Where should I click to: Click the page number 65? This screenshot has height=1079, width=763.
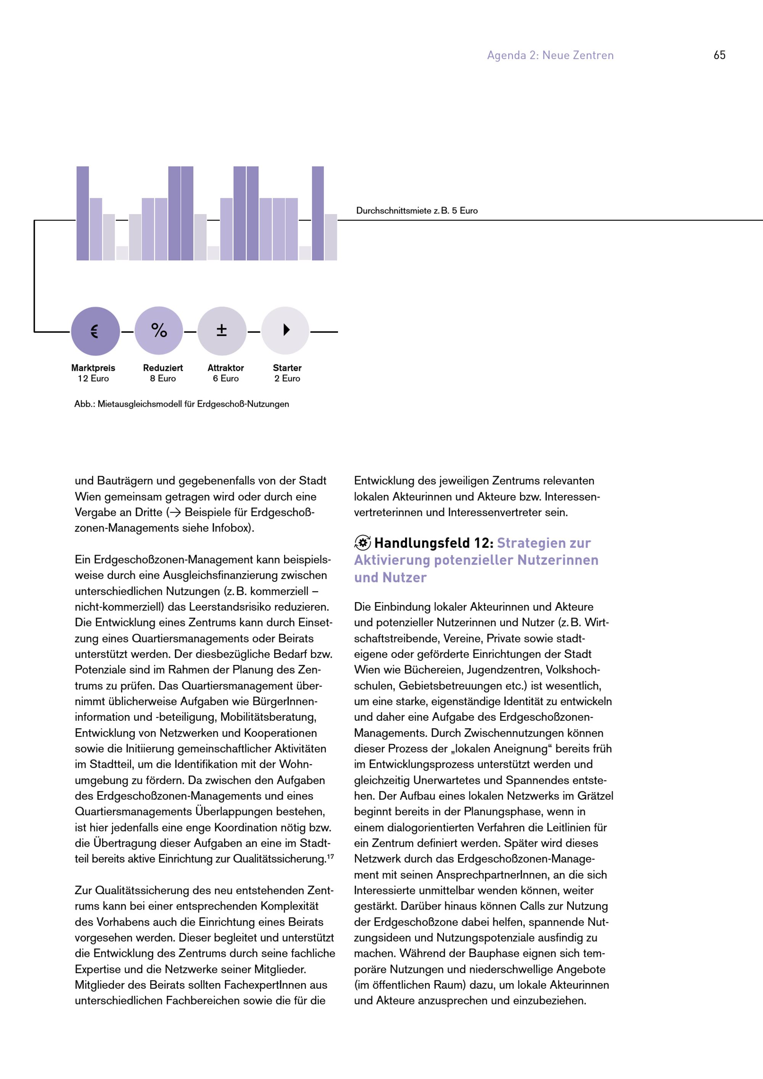[x=719, y=55]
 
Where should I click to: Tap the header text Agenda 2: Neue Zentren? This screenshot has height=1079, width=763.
[x=550, y=55]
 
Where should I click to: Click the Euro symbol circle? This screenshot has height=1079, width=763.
[x=95, y=331]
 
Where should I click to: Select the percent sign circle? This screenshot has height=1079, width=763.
[x=159, y=331]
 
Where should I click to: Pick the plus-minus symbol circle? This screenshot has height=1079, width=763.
[x=222, y=331]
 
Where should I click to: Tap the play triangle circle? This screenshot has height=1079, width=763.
[x=285, y=330]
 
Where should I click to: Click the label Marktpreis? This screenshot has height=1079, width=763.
[x=93, y=368]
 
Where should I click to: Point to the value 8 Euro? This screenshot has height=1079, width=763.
[x=163, y=379]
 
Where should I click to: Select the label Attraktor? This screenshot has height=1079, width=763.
[x=225, y=368]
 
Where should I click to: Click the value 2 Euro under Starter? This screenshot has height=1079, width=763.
[x=287, y=379]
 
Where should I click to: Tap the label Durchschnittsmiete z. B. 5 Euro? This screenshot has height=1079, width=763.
[x=417, y=211]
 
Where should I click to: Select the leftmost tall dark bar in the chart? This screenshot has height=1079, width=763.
[x=83, y=213]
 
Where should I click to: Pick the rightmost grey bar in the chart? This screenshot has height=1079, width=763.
[x=331, y=237]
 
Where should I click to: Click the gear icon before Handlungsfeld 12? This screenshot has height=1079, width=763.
[x=362, y=543]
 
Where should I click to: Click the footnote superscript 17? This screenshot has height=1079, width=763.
[x=330, y=857]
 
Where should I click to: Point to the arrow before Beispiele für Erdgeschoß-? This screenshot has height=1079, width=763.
[x=176, y=513]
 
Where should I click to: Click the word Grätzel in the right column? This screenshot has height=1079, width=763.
[x=595, y=796]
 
